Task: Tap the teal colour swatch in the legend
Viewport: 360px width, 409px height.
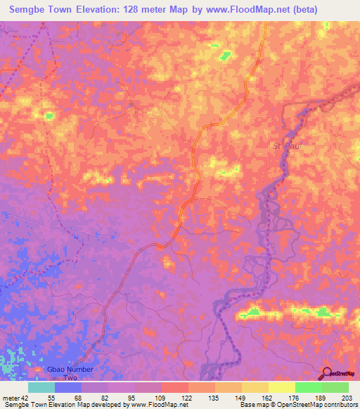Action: tap(41, 387)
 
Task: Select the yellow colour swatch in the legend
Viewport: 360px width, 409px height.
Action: tap(281, 387)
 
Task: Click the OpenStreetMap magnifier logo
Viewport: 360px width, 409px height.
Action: tap(328, 373)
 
